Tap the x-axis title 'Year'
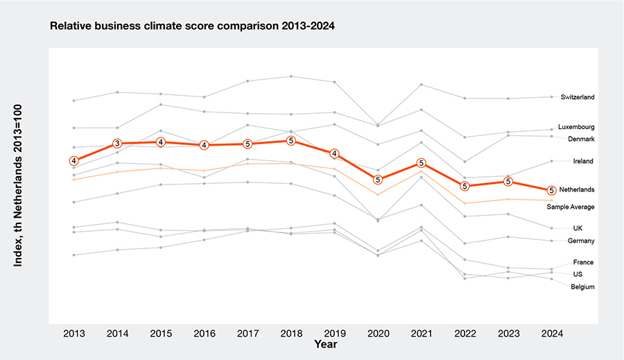pos(325,344)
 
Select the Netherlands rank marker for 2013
pos(74,161)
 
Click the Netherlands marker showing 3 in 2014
pos(117,144)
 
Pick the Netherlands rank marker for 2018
pos(291,141)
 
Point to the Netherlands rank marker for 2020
pos(378,180)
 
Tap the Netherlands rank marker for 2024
pos(551,190)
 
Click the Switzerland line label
pos(578,98)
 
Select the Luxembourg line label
pos(576,128)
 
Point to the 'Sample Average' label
pos(570,207)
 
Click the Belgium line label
pos(582,286)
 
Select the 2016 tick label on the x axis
pos(204,333)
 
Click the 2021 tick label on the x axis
pos(421,333)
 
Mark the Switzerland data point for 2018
pos(291,76)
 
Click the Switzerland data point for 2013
pos(74,101)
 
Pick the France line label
pos(583,262)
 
